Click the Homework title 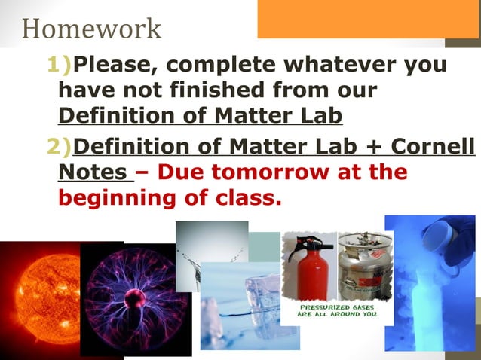point(91,28)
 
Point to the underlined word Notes point(92,171)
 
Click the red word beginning point(113,198)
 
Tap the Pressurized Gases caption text point(338,311)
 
